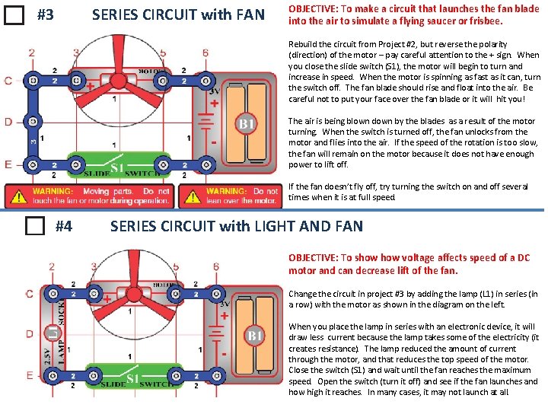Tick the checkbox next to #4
point(34,226)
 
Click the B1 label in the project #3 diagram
point(247,124)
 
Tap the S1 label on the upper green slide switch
point(117,167)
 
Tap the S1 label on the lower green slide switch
point(134,378)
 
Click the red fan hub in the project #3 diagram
point(118,64)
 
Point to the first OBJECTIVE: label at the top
point(313,8)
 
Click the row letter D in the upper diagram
point(8,121)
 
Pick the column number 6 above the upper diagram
point(205,53)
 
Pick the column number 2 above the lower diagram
point(52,266)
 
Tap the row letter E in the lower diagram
point(29,375)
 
